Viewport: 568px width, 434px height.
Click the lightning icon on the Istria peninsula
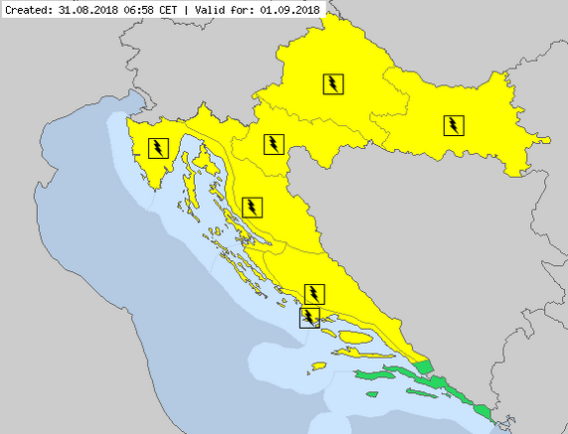pos(158,148)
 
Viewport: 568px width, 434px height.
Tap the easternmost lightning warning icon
pos(453,124)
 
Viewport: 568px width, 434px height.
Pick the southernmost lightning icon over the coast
pos(310,317)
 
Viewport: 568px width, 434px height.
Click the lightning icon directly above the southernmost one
pos(314,293)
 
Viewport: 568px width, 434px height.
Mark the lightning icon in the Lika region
pos(254,207)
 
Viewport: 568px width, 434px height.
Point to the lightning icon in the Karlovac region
pos(273,144)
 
